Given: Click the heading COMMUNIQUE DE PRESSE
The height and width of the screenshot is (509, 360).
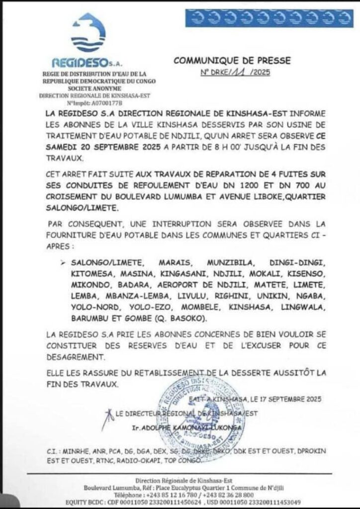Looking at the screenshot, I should point(232,61).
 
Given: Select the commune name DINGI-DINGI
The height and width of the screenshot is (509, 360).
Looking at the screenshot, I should point(297,261).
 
